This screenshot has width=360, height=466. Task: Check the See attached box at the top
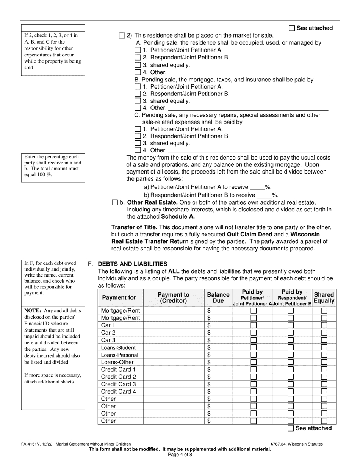[x=291, y=28]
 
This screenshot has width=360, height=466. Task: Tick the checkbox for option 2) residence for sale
[x=122, y=35]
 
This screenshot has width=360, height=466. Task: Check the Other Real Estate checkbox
[x=115, y=203]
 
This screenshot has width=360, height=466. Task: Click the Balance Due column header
[x=218, y=297]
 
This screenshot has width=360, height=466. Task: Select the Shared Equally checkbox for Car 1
[x=324, y=325]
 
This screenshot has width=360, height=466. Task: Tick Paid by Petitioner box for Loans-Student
[x=254, y=347]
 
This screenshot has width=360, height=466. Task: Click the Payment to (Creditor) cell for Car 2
[x=174, y=333]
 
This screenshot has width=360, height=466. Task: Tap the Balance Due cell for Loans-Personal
[x=218, y=355]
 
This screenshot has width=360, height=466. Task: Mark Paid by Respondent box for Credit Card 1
[x=290, y=369]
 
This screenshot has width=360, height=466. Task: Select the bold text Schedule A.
[x=178, y=217]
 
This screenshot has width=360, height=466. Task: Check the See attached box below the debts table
[x=291, y=428]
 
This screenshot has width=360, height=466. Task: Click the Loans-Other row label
[x=117, y=362]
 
